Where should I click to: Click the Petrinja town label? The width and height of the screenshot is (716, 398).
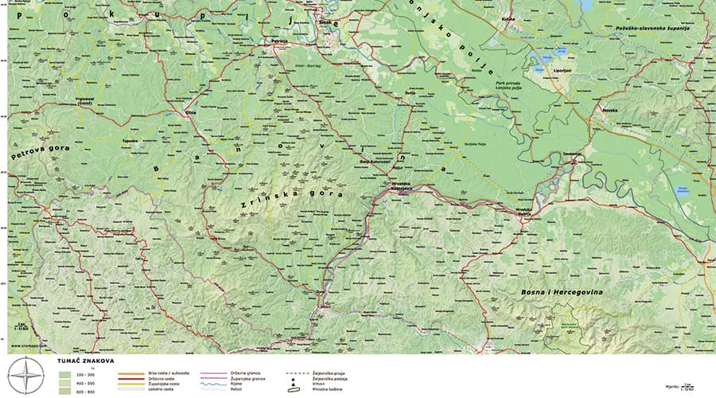coord(278,40)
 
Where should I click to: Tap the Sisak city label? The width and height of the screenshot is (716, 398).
coord(323,22)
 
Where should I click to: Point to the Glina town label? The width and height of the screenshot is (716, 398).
coord(190,113)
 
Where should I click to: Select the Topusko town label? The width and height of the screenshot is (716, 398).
coord(130,141)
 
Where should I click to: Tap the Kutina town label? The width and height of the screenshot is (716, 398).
coord(509,18)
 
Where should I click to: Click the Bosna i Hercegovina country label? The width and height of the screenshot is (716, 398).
coord(562,293)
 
